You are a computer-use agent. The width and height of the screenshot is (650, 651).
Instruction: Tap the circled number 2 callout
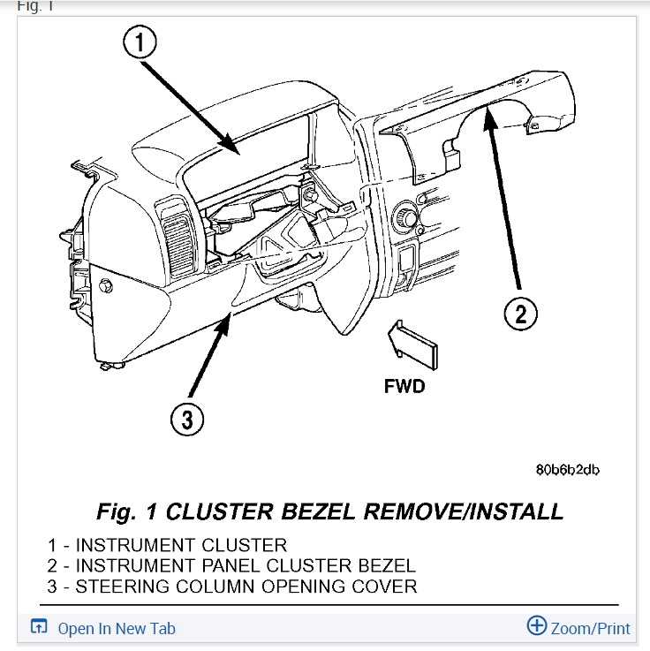pyautogui.click(x=520, y=313)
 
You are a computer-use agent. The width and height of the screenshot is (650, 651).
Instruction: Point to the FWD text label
pyautogui.click(x=404, y=386)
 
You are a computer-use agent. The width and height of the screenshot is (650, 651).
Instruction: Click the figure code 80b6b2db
pyautogui.click(x=567, y=470)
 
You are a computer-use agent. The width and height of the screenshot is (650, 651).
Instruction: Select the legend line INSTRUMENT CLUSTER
pyautogui.click(x=167, y=545)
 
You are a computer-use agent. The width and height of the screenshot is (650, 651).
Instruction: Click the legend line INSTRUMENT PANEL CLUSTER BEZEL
pyautogui.click(x=231, y=565)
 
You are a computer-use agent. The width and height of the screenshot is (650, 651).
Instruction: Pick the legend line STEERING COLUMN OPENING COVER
pyautogui.click(x=232, y=586)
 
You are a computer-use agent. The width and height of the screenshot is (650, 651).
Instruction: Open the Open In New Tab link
pyautogui.click(x=117, y=629)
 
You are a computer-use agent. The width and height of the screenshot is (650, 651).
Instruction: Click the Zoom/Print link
pyautogui.click(x=590, y=629)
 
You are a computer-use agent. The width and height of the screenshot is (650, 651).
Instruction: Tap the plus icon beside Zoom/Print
pyautogui.click(x=536, y=626)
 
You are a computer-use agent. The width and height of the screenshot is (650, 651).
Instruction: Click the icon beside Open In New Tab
pyautogui.click(x=39, y=627)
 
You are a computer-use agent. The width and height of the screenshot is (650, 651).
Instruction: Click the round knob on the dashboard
pyautogui.click(x=409, y=215)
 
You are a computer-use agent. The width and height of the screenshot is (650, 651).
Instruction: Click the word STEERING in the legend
pyautogui.click(x=117, y=586)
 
